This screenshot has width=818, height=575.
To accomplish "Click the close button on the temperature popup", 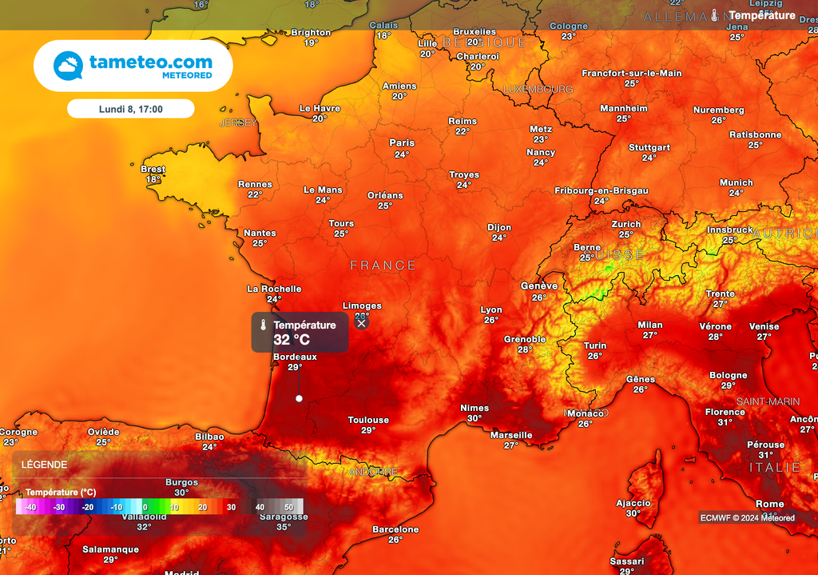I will [x=362, y=323].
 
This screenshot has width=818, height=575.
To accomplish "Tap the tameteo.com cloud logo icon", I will [x=68, y=66].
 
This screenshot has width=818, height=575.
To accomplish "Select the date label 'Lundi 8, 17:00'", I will [x=130, y=109].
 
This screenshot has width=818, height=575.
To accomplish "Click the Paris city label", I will [x=402, y=143].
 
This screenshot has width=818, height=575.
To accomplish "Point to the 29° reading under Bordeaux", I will [x=295, y=367].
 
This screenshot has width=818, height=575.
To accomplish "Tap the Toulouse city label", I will [x=368, y=420].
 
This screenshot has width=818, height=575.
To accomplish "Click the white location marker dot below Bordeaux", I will [x=299, y=398].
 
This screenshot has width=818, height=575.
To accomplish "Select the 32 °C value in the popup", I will [x=292, y=340].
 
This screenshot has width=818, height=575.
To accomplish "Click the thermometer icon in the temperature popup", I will [x=262, y=325].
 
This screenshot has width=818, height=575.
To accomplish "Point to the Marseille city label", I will [x=511, y=435].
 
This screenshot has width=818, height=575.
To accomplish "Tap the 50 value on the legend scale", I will [x=288, y=507].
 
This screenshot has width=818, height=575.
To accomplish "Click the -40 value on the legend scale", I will [x=30, y=507].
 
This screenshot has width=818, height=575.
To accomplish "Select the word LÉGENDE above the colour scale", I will [x=45, y=465].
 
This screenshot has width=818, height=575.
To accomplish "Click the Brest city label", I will [x=153, y=170].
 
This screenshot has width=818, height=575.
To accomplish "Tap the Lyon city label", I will [x=491, y=310].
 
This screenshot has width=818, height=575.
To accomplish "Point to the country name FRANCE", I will [x=383, y=266].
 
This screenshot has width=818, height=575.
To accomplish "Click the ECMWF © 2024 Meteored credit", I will [x=747, y=517].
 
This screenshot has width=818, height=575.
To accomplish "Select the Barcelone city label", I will [x=395, y=529].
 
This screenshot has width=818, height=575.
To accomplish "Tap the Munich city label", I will [x=736, y=182].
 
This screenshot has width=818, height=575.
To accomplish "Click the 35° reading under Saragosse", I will [x=284, y=527].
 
